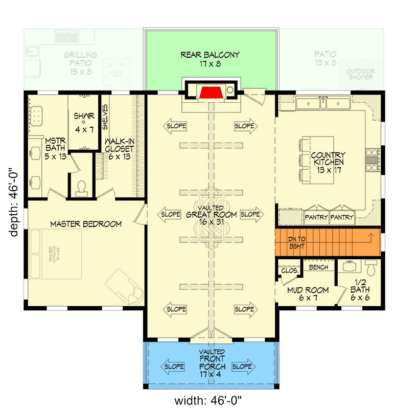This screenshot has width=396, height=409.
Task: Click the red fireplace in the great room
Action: (210, 93)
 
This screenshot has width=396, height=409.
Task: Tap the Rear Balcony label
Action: (210, 59)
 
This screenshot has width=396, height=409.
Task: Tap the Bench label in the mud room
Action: (319, 267)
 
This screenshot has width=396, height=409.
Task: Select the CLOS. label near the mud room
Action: (290, 270)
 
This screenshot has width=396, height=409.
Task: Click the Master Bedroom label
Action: (86, 224)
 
